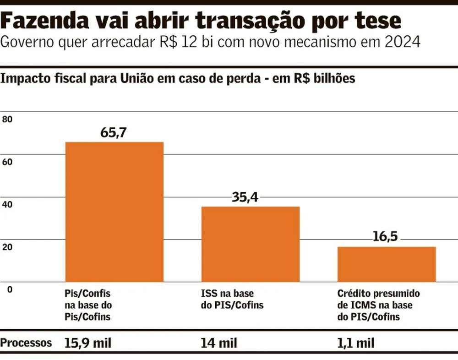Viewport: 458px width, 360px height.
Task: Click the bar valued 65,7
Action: (x=114, y=212)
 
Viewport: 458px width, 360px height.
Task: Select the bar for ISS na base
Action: (x=251, y=244)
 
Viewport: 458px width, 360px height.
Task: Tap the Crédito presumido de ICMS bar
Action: (x=387, y=264)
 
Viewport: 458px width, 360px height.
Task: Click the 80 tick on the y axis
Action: (x=8, y=120)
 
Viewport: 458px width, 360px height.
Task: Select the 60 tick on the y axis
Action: (x=8, y=162)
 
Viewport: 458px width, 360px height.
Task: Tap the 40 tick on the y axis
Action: (x=8, y=204)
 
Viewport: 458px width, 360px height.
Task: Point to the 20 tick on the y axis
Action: (x=8, y=247)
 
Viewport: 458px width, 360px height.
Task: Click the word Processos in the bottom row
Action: (x=27, y=343)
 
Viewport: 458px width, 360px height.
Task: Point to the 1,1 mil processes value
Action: (x=355, y=343)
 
